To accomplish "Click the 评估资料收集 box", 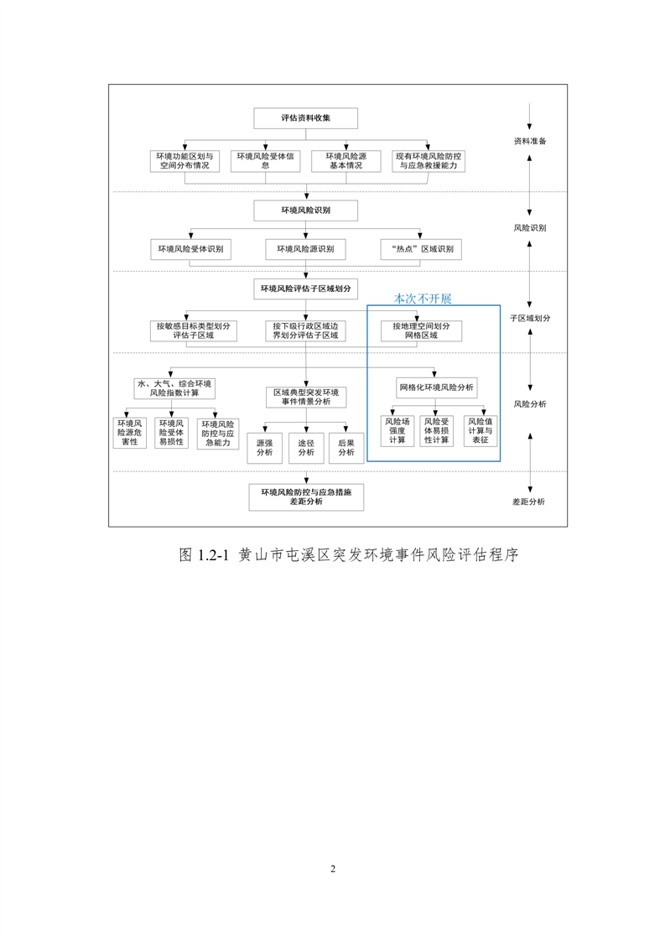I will click(x=305, y=118).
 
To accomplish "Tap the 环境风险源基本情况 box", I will click(x=345, y=161).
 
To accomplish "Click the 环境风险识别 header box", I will click(x=305, y=211).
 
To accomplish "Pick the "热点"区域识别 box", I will click(x=421, y=249).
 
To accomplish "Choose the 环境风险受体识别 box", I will click(x=190, y=249).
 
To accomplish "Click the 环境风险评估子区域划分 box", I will click(x=305, y=289).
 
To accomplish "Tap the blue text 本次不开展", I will click(x=423, y=299).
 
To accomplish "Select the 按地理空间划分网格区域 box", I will click(x=421, y=330).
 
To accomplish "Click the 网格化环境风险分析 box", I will click(x=436, y=387).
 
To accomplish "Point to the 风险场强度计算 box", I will click(x=397, y=430).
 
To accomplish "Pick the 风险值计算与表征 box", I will click(x=480, y=430).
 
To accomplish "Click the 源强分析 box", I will click(x=264, y=448).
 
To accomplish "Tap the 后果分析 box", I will click(x=345, y=448).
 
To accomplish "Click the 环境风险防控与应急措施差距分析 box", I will click(x=305, y=497).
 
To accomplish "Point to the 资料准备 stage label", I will click(x=529, y=141).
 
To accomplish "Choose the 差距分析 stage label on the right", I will click(x=528, y=502).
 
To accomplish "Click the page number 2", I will click(x=333, y=868).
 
